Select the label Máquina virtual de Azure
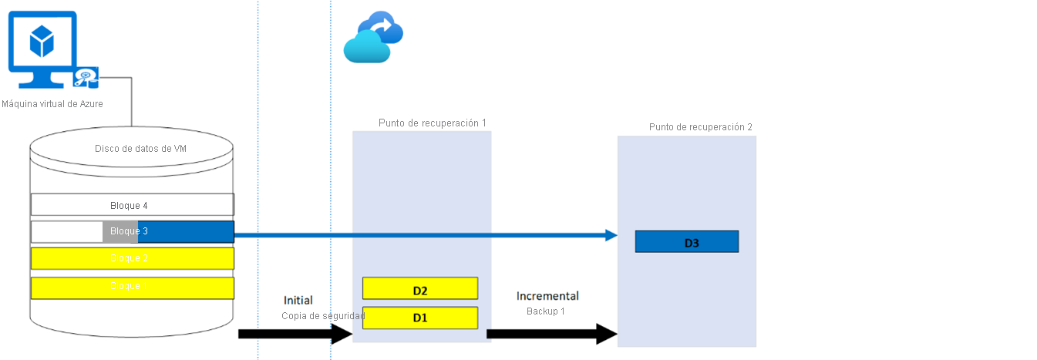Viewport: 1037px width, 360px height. [x=52, y=104]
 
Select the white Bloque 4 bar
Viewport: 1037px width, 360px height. [x=132, y=205]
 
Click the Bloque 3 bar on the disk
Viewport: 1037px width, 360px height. [x=132, y=231]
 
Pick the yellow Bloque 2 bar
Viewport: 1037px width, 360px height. [x=132, y=257]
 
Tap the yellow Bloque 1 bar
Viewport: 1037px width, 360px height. [x=132, y=287]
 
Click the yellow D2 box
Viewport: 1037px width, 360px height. [x=420, y=290]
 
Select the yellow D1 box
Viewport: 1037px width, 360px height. [x=420, y=318]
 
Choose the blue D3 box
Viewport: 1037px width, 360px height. [x=686, y=242]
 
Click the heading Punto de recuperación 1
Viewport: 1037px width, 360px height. [x=432, y=123]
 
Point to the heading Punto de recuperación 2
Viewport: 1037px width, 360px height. [x=700, y=127]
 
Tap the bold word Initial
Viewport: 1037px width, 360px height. [x=298, y=301]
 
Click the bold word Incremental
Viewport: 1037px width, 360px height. [x=547, y=296]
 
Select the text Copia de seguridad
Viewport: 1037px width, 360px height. [x=323, y=316]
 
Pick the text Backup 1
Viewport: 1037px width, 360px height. [x=546, y=311]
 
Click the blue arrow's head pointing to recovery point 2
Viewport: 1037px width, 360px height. [x=611, y=235]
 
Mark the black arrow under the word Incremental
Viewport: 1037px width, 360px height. [x=551, y=334]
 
